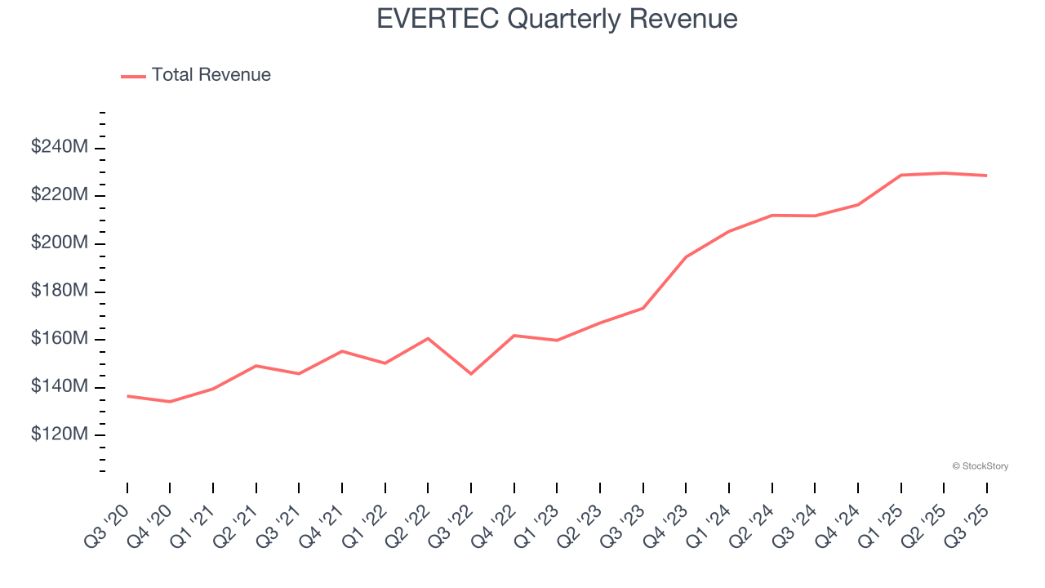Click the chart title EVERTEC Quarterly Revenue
coord(557,18)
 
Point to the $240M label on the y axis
coord(60,147)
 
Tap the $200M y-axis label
coord(60,243)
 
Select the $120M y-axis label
coord(60,434)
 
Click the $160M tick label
coord(60,339)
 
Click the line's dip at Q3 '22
coord(471,374)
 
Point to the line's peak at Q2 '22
coord(428,338)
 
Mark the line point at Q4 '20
coord(170,402)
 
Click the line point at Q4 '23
coord(686,257)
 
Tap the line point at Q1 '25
coord(900,175)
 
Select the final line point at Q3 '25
coord(986,176)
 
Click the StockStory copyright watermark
coord(980,466)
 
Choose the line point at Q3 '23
coord(643,308)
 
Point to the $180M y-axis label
coord(60,292)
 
